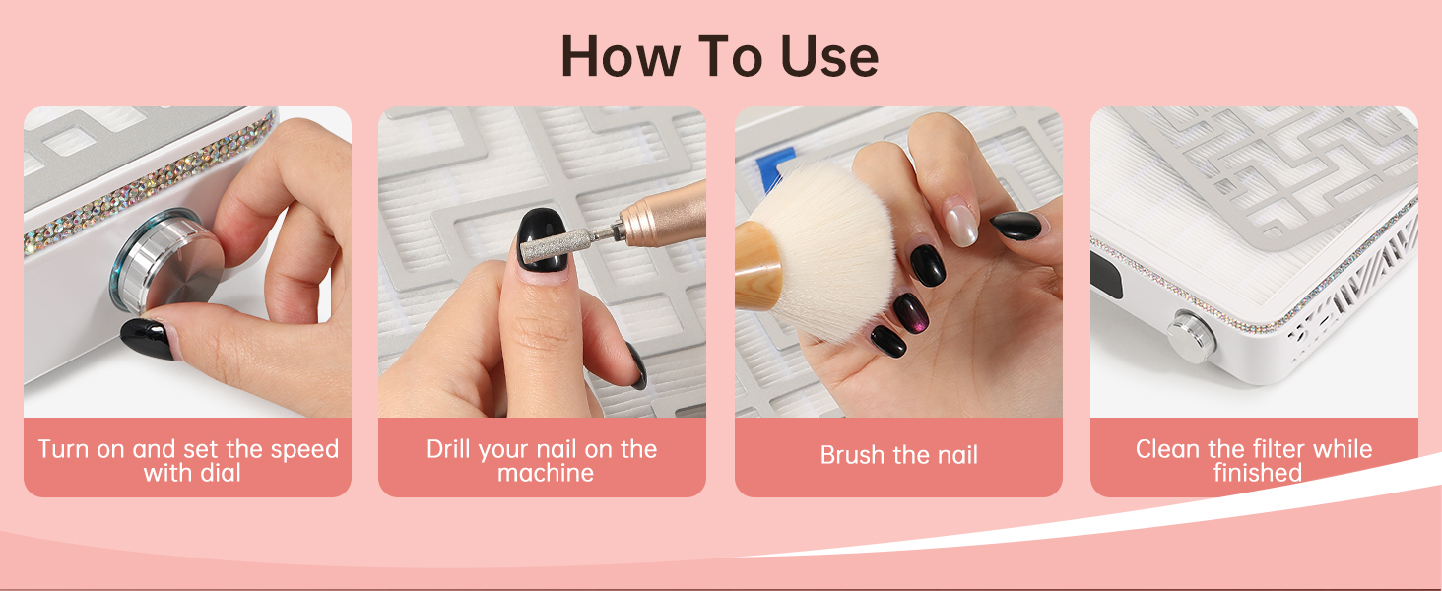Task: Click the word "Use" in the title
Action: click(829, 56)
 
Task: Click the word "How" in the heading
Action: click(621, 56)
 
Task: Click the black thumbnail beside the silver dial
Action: click(150, 337)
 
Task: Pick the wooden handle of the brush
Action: click(757, 265)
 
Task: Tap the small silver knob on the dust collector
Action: click(1191, 336)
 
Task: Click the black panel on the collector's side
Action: click(1105, 275)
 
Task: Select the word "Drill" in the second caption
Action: click(447, 449)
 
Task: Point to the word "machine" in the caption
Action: click(546, 473)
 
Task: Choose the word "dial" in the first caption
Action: click(220, 473)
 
